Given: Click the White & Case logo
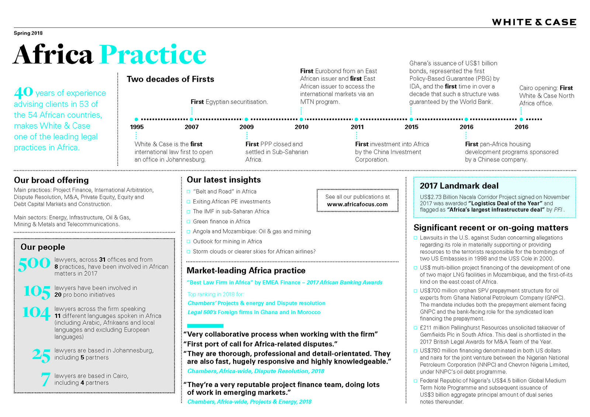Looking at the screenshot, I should click(x=534, y=22).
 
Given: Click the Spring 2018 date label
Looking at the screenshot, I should click(x=28, y=33).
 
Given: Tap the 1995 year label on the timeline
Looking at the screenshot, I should click(x=137, y=127).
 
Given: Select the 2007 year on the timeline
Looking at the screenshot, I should click(x=191, y=127).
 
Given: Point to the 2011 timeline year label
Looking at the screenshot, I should click(x=357, y=127).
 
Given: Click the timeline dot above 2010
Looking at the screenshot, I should click(x=301, y=119).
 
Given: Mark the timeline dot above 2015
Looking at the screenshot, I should click(x=411, y=119).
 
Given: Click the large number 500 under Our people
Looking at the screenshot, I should click(x=34, y=264).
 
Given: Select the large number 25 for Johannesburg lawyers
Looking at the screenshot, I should click(x=41, y=355).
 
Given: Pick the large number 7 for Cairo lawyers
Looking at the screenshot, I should click(x=45, y=379).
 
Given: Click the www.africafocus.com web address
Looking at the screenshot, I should click(x=357, y=204).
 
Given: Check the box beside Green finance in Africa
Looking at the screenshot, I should click(x=188, y=222).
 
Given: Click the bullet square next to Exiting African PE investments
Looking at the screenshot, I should click(x=188, y=202).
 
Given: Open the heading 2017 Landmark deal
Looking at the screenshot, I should click(x=459, y=186).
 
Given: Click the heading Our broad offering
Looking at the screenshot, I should click(x=51, y=180).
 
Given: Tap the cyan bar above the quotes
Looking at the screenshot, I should click(x=205, y=326).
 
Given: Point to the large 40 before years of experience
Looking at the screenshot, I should click(x=24, y=91).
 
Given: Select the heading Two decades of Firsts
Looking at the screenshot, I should click(x=170, y=79).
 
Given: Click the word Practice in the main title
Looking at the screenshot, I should click(x=153, y=55).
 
